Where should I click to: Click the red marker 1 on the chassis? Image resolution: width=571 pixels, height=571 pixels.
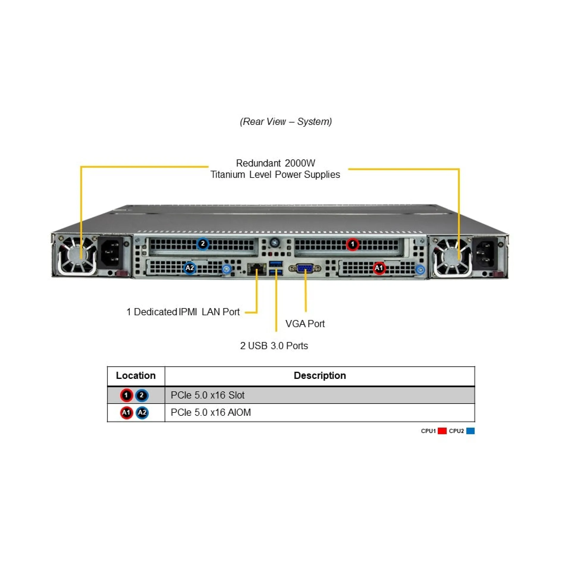[x=352, y=244]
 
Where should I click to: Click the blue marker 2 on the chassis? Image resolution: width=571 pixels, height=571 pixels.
[x=203, y=244]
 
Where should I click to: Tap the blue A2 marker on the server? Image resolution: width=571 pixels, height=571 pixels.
[x=190, y=268]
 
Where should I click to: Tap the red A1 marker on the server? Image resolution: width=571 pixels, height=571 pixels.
[x=379, y=268]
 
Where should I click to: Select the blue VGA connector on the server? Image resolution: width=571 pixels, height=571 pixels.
[x=305, y=268]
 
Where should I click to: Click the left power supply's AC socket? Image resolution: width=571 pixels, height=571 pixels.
[x=110, y=253]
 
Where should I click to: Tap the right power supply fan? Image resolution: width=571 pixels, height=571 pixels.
[x=452, y=256]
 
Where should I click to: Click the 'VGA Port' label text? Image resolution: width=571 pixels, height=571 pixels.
[x=305, y=324]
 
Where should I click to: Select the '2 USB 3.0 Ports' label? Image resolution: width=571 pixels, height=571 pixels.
[x=274, y=346]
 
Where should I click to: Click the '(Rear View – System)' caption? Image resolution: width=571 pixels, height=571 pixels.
[x=286, y=121]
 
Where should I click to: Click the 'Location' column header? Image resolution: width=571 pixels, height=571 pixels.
[x=136, y=375]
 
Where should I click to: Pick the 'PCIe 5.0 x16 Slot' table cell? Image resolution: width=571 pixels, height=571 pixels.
[x=207, y=395]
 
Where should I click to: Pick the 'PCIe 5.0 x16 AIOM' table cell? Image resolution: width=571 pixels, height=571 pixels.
[x=211, y=412]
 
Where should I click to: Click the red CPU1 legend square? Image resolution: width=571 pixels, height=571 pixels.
[x=442, y=431]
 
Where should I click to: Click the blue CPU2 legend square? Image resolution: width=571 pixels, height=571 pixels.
[x=470, y=431]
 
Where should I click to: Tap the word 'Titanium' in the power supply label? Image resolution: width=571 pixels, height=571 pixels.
[x=228, y=174]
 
